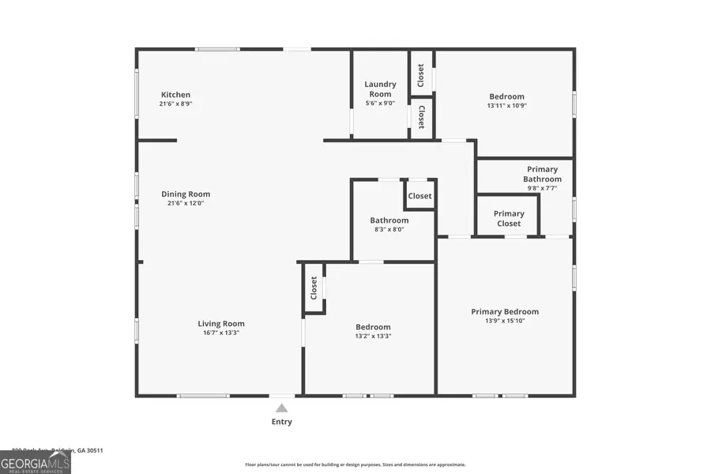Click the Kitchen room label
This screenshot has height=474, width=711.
(175, 95)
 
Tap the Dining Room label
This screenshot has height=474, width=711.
(186, 194)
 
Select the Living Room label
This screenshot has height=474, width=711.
(221, 323)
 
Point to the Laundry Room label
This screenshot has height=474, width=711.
(380, 89)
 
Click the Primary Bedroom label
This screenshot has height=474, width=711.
(505, 311)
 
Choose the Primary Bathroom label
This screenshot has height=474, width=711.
(542, 174)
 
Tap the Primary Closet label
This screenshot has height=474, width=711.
(509, 218)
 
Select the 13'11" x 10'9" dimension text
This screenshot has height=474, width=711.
(506, 105)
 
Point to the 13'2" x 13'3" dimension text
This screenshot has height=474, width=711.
(373, 336)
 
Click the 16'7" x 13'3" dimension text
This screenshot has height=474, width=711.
(221, 333)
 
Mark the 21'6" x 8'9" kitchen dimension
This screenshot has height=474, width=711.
(175, 103)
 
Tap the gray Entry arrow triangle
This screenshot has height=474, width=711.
(281, 408)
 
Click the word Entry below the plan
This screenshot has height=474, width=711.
(282, 422)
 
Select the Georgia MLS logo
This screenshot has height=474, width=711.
(36, 461)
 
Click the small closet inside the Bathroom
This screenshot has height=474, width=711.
(419, 196)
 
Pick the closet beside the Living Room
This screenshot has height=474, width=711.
(314, 288)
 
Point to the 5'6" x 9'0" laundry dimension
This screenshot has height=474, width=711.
(380, 103)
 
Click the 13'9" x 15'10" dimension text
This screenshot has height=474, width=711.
(505, 321)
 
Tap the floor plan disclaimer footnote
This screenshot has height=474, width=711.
(355, 465)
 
